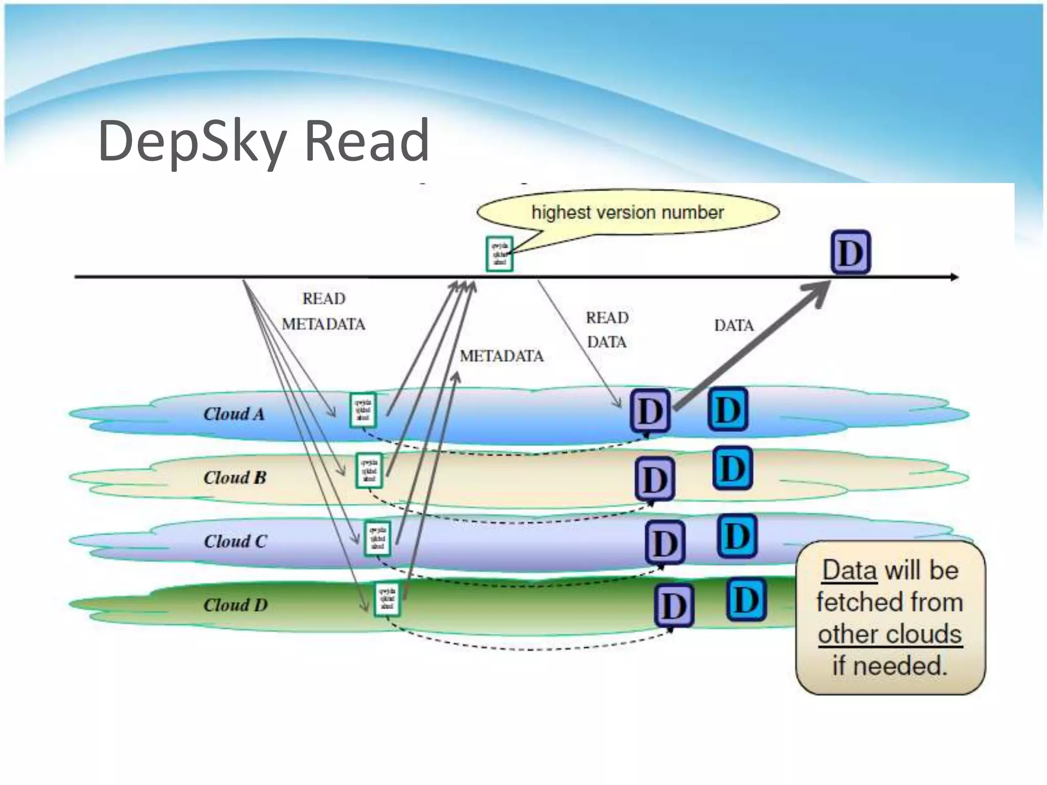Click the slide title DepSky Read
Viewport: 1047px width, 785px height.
[x=263, y=141]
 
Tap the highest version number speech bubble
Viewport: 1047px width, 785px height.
[x=628, y=212]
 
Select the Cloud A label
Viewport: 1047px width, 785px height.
[x=234, y=414]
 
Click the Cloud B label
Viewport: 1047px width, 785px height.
[x=235, y=478]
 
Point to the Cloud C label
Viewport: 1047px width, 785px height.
[x=235, y=541]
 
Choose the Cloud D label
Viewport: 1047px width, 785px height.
[x=235, y=605]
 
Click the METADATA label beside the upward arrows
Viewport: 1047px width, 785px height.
[x=502, y=356]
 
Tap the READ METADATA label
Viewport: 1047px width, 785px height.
[x=324, y=311]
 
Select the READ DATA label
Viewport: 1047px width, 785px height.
[x=607, y=330]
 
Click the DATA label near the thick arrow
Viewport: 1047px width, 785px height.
[x=734, y=326]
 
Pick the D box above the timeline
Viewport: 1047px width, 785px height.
[x=850, y=252]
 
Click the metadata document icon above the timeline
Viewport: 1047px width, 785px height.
[x=499, y=253]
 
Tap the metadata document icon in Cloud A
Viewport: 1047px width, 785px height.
[x=363, y=410]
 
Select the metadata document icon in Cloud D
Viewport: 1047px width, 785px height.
[x=387, y=599]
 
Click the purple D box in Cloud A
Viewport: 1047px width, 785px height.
[x=650, y=411]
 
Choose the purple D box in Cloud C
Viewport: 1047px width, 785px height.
[x=665, y=543]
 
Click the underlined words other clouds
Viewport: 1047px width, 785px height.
[x=890, y=634]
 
